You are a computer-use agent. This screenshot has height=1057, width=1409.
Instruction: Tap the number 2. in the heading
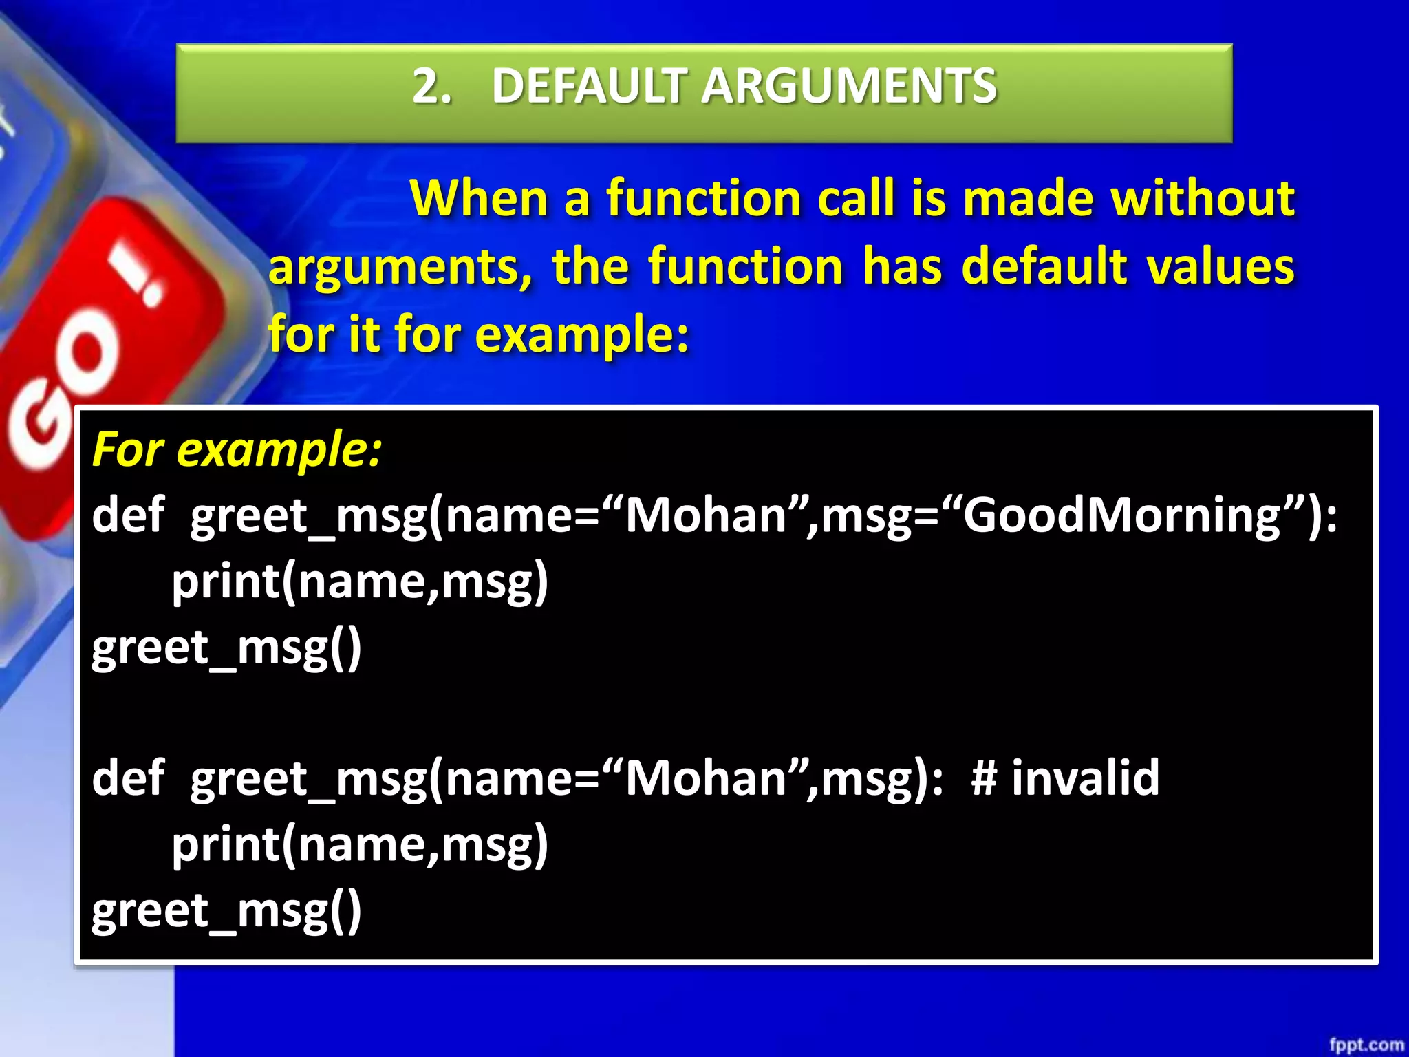pyautogui.click(x=432, y=87)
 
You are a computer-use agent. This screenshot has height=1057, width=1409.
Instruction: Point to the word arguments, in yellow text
pyautogui.click(x=400, y=268)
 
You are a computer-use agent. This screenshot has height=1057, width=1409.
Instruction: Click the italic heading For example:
pyautogui.click(x=237, y=450)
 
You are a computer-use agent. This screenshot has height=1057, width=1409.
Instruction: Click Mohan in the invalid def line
pyautogui.click(x=706, y=778)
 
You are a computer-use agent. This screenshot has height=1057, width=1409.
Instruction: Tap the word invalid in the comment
pyautogui.click(x=1085, y=778)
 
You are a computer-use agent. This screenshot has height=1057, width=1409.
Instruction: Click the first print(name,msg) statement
pyautogui.click(x=359, y=582)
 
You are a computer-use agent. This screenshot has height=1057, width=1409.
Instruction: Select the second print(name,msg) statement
pyautogui.click(x=359, y=844)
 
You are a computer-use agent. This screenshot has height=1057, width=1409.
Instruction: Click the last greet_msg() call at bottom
pyautogui.click(x=226, y=911)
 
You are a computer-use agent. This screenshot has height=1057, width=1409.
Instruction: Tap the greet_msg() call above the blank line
pyautogui.click(x=226, y=648)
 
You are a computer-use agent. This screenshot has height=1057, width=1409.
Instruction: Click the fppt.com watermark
pyautogui.click(x=1366, y=1045)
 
